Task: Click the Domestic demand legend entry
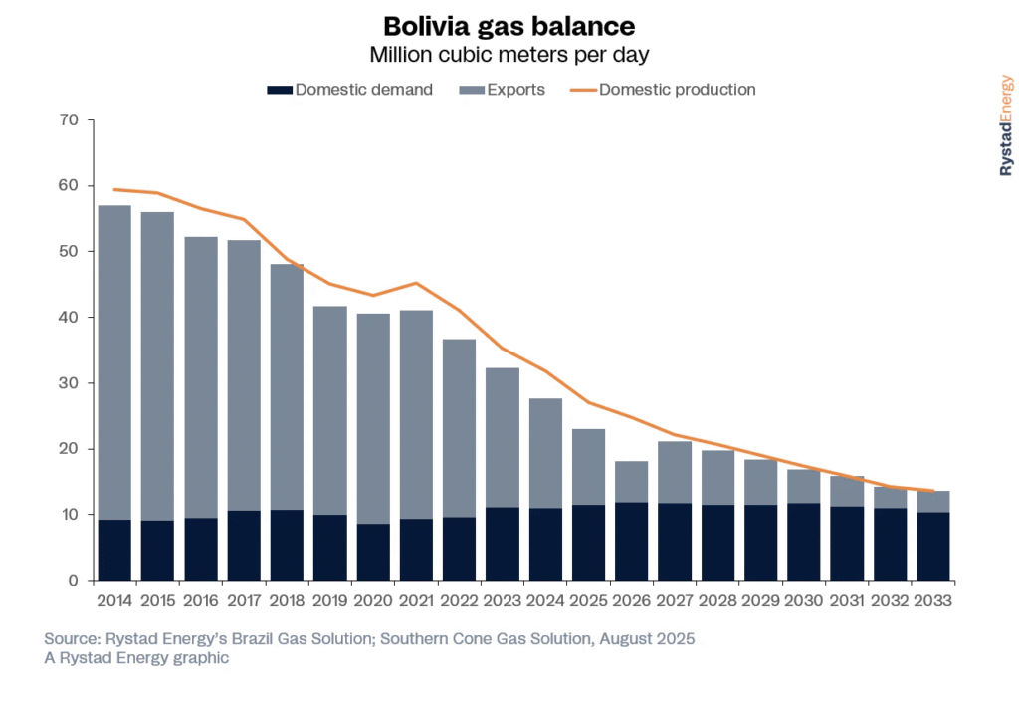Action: (350, 90)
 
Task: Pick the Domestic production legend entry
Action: (664, 90)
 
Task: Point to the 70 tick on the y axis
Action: (70, 120)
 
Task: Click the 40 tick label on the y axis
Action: (70, 318)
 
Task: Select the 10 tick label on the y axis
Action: (70, 515)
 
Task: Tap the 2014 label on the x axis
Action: (115, 601)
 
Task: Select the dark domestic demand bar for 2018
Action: (288, 546)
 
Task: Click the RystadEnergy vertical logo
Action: (1006, 125)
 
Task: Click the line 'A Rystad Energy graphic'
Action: (137, 658)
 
